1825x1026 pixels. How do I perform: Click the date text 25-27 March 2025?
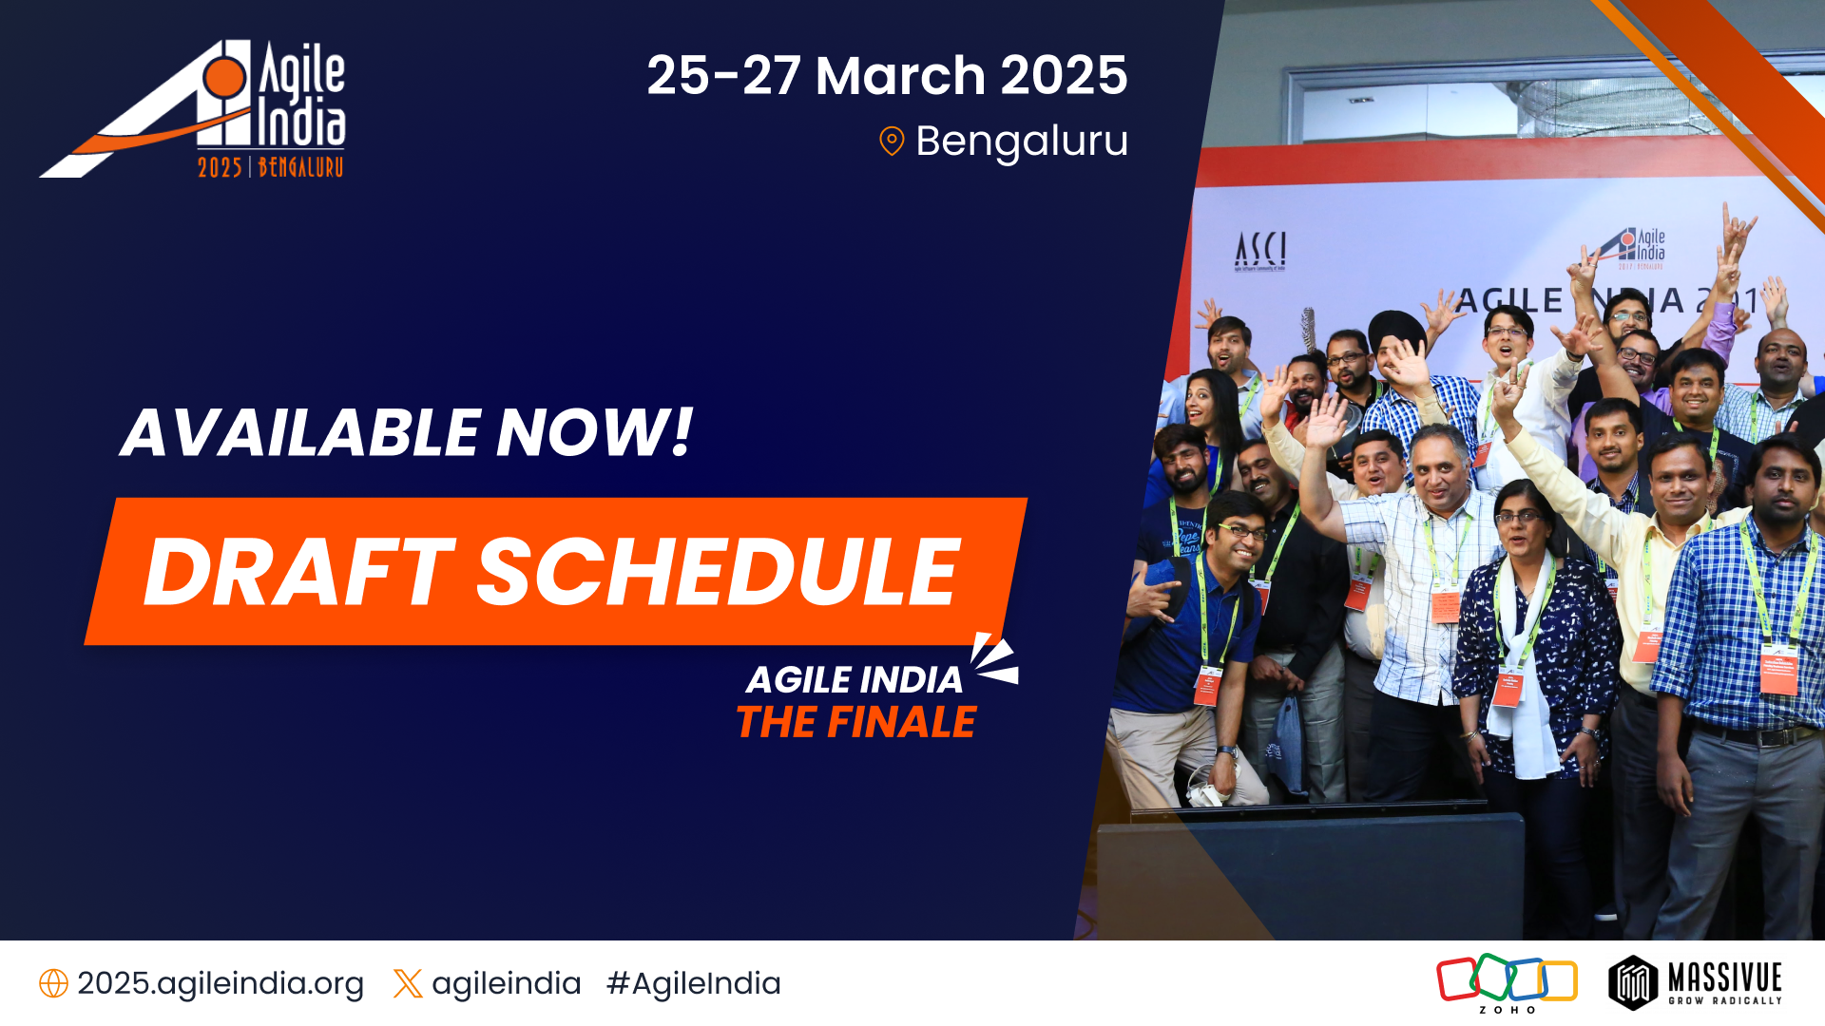(887, 76)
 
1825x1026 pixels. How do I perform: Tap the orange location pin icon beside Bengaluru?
(892, 142)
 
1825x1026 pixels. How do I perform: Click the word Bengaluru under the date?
(1022, 142)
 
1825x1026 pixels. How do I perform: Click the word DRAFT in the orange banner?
(299, 572)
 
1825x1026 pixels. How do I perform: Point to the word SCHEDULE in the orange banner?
(719, 572)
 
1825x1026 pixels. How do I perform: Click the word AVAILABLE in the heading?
(300, 433)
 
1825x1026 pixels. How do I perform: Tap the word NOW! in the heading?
(595, 433)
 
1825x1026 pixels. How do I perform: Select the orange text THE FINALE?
(855, 723)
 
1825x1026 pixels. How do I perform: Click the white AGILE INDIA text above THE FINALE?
(854, 680)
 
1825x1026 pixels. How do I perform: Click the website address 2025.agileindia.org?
(221, 983)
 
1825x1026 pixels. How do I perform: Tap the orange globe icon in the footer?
(53, 983)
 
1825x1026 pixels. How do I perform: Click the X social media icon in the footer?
(408, 983)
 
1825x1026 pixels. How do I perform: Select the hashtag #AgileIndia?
(693, 983)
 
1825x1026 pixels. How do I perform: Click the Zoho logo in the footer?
(1507, 981)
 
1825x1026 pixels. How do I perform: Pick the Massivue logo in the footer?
(1695, 982)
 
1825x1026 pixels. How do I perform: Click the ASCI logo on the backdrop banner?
(1260, 251)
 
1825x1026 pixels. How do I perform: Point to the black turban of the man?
(1395, 329)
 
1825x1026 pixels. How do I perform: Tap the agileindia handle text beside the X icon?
(506, 983)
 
